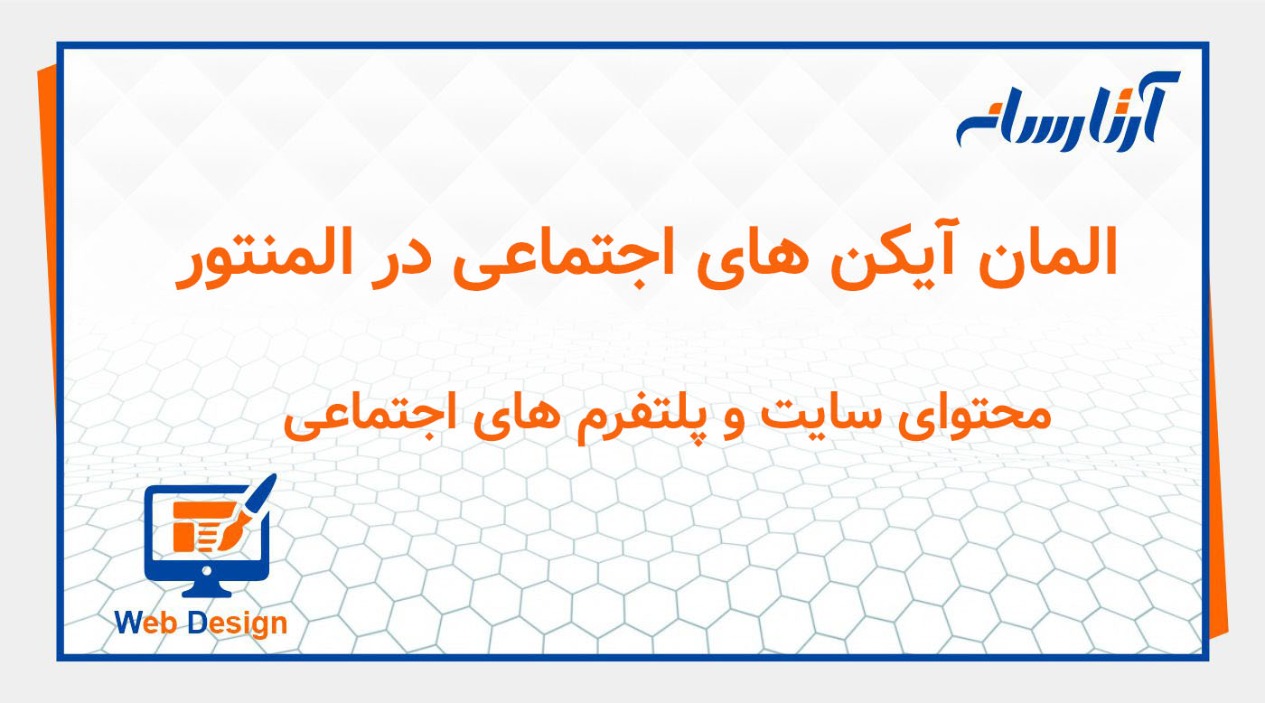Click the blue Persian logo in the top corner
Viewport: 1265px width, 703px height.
(x=1066, y=112)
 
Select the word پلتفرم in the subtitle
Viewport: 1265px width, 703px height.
(x=642, y=417)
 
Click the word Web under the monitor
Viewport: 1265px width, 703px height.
(x=148, y=623)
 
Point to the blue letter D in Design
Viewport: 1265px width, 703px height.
(x=199, y=623)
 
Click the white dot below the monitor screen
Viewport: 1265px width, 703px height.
(x=207, y=570)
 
